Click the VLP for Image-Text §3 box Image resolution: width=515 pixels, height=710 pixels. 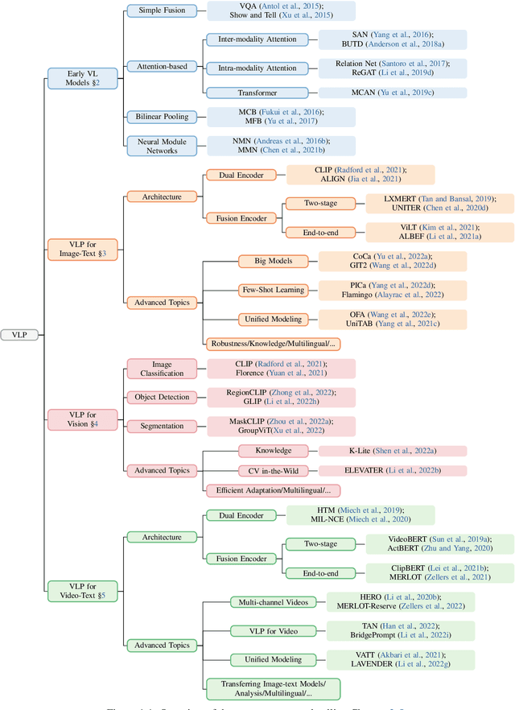click(x=82, y=248)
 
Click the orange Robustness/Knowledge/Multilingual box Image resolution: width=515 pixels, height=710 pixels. click(x=274, y=344)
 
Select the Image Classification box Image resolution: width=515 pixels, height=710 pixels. click(x=162, y=369)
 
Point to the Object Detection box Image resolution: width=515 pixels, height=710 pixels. click(x=162, y=398)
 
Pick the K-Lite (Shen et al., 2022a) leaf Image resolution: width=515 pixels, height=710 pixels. click(x=393, y=450)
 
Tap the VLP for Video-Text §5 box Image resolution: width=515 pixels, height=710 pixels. click(x=82, y=591)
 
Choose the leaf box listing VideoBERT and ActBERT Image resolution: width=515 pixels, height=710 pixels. click(x=439, y=544)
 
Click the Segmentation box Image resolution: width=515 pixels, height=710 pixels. click(x=162, y=426)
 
